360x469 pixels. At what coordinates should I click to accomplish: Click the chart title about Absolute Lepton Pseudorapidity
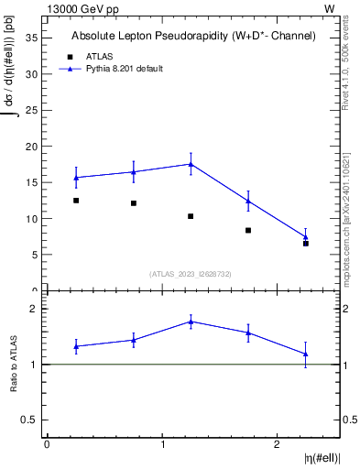(x=193, y=37)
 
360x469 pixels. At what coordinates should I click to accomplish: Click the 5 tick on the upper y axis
(x=35, y=255)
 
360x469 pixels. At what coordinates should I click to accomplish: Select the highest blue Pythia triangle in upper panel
(x=191, y=164)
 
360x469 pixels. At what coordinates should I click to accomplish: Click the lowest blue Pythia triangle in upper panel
(x=306, y=237)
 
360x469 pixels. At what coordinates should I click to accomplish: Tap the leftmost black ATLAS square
(x=76, y=201)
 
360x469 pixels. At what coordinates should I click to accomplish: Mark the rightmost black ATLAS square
(x=306, y=244)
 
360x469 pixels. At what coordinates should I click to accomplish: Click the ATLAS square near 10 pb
(x=191, y=216)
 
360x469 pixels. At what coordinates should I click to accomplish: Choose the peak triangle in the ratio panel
(x=191, y=322)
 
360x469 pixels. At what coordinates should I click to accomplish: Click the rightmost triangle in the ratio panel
(x=306, y=354)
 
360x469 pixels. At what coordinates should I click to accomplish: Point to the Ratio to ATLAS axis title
(x=14, y=364)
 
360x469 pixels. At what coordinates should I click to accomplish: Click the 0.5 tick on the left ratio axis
(x=29, y=420)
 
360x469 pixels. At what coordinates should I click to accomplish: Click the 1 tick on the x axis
(x=162, y=444)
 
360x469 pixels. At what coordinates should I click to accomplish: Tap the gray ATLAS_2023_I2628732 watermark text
(x=191, y=273)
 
